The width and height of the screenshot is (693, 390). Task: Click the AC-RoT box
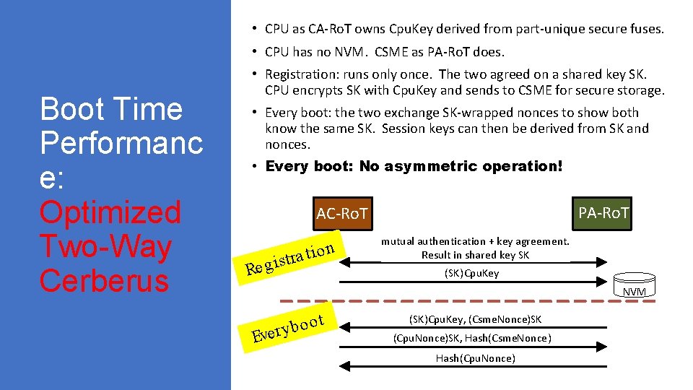[342, 213]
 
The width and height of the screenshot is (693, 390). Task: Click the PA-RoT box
[603, 213]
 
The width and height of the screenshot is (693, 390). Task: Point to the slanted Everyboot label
[287, 326]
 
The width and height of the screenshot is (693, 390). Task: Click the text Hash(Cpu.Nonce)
[475, 358]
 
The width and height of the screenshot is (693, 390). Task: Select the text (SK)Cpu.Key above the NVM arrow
[471, 273]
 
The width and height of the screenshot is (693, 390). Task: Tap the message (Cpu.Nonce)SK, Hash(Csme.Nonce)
[473, 338]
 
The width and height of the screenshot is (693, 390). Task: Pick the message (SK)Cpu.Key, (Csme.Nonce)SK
[475, 318]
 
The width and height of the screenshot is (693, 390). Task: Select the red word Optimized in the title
[110, 212]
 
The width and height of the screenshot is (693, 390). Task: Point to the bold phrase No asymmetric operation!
[461, 166]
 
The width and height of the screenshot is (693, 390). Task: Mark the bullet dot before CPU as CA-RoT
[256, 29]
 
